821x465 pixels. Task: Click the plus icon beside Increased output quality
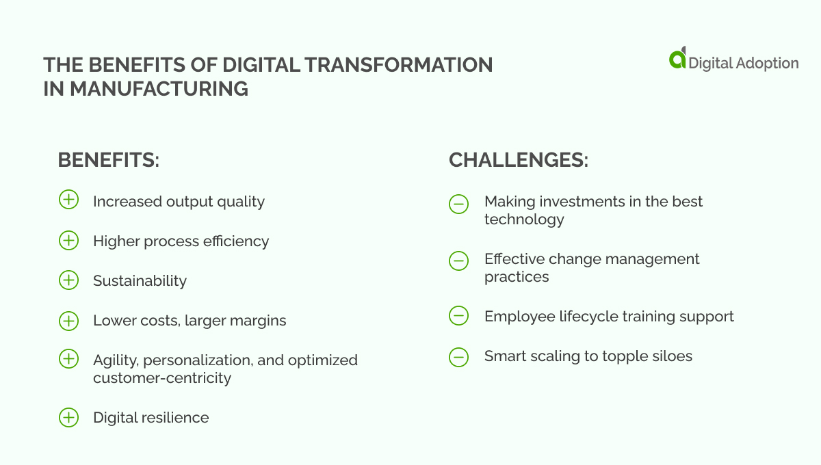[x=68, y=200]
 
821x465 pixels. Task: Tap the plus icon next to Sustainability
[x=68, y=280]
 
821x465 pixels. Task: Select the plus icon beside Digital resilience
[x=68, y=417]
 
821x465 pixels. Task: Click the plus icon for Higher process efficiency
[x=68, y=241]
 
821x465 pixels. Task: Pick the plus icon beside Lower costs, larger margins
[x=68, y=320]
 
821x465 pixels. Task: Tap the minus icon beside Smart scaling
[x=458, y=356]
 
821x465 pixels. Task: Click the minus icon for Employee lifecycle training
[x=458, y=316]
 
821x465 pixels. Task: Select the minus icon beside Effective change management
[x=458, y=260]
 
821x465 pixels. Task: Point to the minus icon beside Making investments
[x=458, y=203]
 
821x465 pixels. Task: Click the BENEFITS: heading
[x=108, y=160]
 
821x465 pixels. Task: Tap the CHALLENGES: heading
[x=519, y=160]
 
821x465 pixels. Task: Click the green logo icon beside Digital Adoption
[x=677, y=58]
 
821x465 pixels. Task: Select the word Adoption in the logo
[x=766, y=63]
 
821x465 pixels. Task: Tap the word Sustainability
[x=140, y=280]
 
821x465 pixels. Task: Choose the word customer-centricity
[x=162, y=377]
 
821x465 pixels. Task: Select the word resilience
[x=176, y=417]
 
